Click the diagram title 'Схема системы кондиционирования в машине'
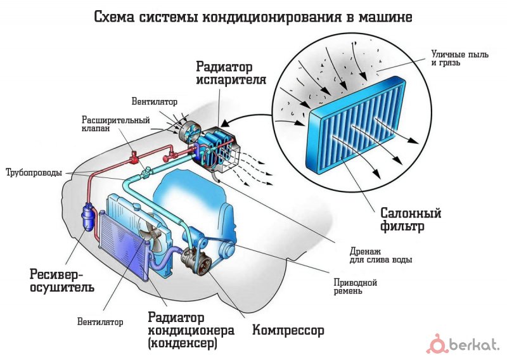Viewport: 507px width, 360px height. point(253,17)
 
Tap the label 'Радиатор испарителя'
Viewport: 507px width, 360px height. point(231,73)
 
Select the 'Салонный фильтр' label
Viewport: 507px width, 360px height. point(411,220)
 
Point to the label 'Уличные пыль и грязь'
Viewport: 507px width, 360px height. point(459,58)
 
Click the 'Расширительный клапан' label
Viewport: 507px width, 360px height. point(116,124)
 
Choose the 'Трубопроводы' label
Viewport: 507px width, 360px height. point(34,173)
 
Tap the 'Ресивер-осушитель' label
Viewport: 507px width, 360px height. point(62,281)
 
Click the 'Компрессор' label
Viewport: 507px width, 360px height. point(288,330)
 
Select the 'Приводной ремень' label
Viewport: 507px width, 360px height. point(356,287)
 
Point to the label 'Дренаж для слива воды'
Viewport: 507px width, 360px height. point(381,255)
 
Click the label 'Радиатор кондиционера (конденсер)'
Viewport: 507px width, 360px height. point(191,330)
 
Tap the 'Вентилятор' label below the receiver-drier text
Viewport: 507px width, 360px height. point(100,322)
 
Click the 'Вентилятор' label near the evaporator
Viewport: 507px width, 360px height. point(155,101)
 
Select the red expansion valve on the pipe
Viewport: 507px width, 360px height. point(133,158)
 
